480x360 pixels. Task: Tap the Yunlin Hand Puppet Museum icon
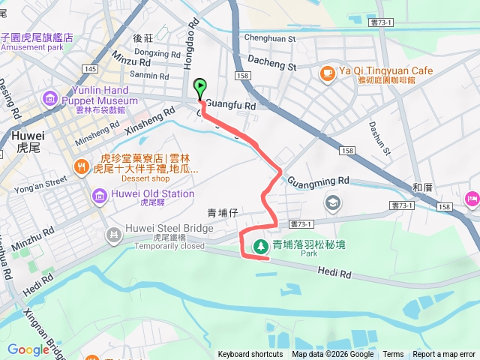click(x=50, y=97)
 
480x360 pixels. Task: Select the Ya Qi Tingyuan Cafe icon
click(x=327, y=72)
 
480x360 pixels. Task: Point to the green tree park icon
click(x=260, y=245)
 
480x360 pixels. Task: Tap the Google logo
click(x=28, y=349)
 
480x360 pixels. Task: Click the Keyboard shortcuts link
click(x=250, y=355)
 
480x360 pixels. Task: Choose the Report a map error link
click(x=444, y=355)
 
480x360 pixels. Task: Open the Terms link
click(x=393, y=355)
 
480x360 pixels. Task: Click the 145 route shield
click(x=91, y=69)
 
